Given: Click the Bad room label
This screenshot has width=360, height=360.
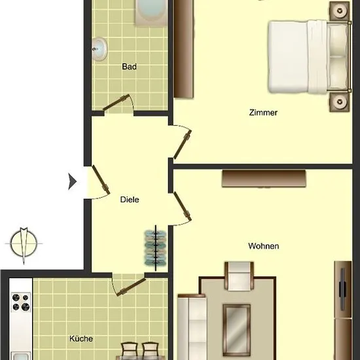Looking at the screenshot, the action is pyautogui.click(x=129, y=67).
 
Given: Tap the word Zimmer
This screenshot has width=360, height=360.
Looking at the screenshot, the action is pyautogui.click(x=263, y=113).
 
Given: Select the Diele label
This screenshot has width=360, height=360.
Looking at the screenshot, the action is pyautogui.click(x=130, y=199).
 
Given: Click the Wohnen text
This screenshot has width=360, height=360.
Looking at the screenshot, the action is pyautogui.click(x=264, y=246).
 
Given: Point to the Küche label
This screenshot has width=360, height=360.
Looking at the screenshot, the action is pyautogui.click(x=81, y=338).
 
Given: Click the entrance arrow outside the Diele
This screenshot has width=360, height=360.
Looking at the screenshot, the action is pyautogui.click(x=72, y=181).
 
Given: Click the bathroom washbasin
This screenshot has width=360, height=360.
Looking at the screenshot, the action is pyautogui.click(x=99, y=49).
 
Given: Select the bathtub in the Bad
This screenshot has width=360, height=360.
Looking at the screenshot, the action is pyautogui.click(x=151, y=12).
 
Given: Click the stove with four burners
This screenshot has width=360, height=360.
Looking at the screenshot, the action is pyautogui.click(x=21, y=302).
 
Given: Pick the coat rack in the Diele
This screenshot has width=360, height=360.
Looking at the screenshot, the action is pyautogui.click(x=155, y=248).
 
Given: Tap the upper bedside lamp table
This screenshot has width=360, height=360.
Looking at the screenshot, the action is pyautogui.click(x=340, y=11).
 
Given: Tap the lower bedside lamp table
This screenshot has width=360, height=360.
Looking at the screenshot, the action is pyautogui.click(x=340, y=101).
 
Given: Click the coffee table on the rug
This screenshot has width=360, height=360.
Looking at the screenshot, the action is pyautogui.click(x=236, y=330).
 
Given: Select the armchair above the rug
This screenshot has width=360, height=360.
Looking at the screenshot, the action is pyautogui.click(x=239, y=276).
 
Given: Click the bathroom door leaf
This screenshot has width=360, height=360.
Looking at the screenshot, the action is pyautogui.click(x=116, y=102).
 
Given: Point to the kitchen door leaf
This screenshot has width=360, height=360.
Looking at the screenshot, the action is pyautogui.click(x=131, y=287).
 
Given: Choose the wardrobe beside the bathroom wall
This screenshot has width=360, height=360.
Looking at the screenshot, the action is pyautogui.click(x=183, y=48).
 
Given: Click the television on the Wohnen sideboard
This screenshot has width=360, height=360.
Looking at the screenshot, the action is pyautogui.click(x=342, y=289).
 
